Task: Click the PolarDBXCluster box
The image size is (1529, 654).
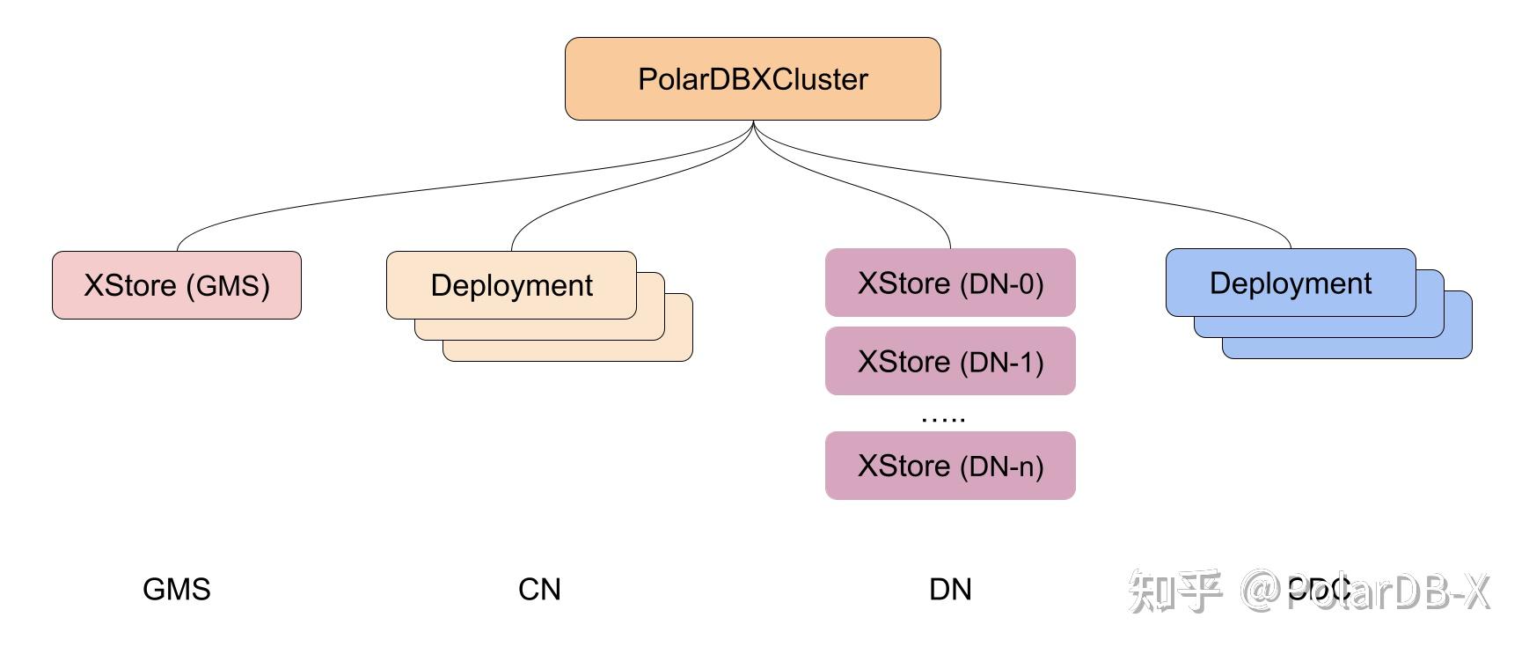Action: (x=752, y=79)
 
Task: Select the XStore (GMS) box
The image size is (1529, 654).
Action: (x=176, y=285)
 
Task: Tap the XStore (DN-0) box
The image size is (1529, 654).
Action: (x=950, y=283)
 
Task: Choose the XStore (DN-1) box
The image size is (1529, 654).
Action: (x=950, y=362)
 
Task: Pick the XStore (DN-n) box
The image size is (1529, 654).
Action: (x=950, y=466)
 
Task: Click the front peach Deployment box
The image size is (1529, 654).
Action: (x=511, y=285)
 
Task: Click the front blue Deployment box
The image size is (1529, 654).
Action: (x=1290, y=283)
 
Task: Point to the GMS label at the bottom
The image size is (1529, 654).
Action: (x=176, y=589)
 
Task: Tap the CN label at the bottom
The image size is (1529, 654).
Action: (x=539, y=589)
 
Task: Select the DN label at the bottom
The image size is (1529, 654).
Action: (x=950, y=589)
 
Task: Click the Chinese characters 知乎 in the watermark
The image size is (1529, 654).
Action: (x=1174, y=591)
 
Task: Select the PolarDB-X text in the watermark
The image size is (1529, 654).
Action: (x=1390, y=591)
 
